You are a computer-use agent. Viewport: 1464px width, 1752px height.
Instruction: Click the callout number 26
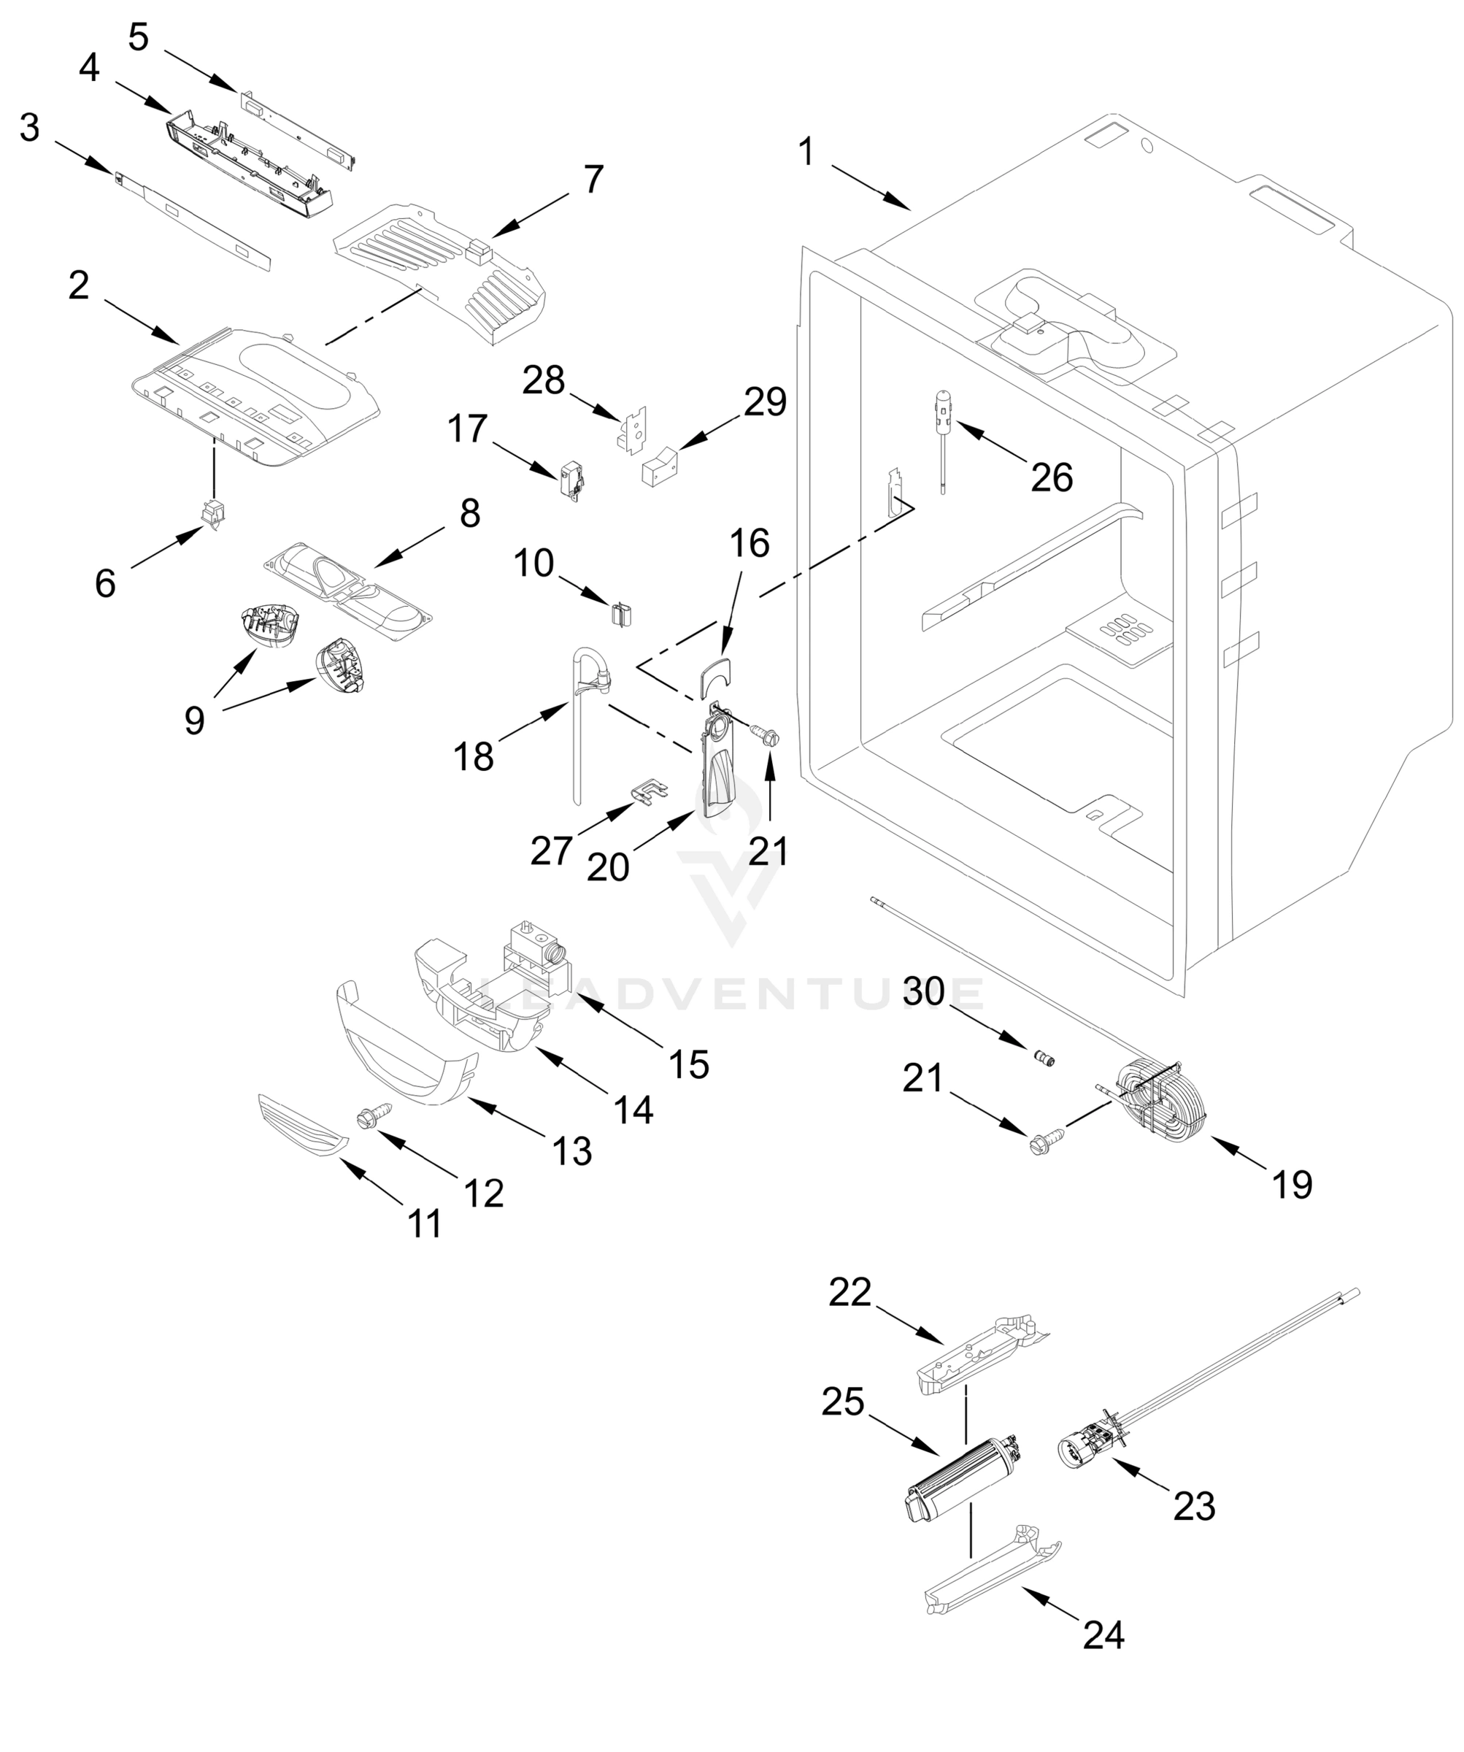click(x=1051, y=478)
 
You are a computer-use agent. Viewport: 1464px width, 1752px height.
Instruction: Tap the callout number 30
click(x=923, y=991)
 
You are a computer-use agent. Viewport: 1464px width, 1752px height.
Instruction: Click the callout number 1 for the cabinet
click(x=805, y=152)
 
